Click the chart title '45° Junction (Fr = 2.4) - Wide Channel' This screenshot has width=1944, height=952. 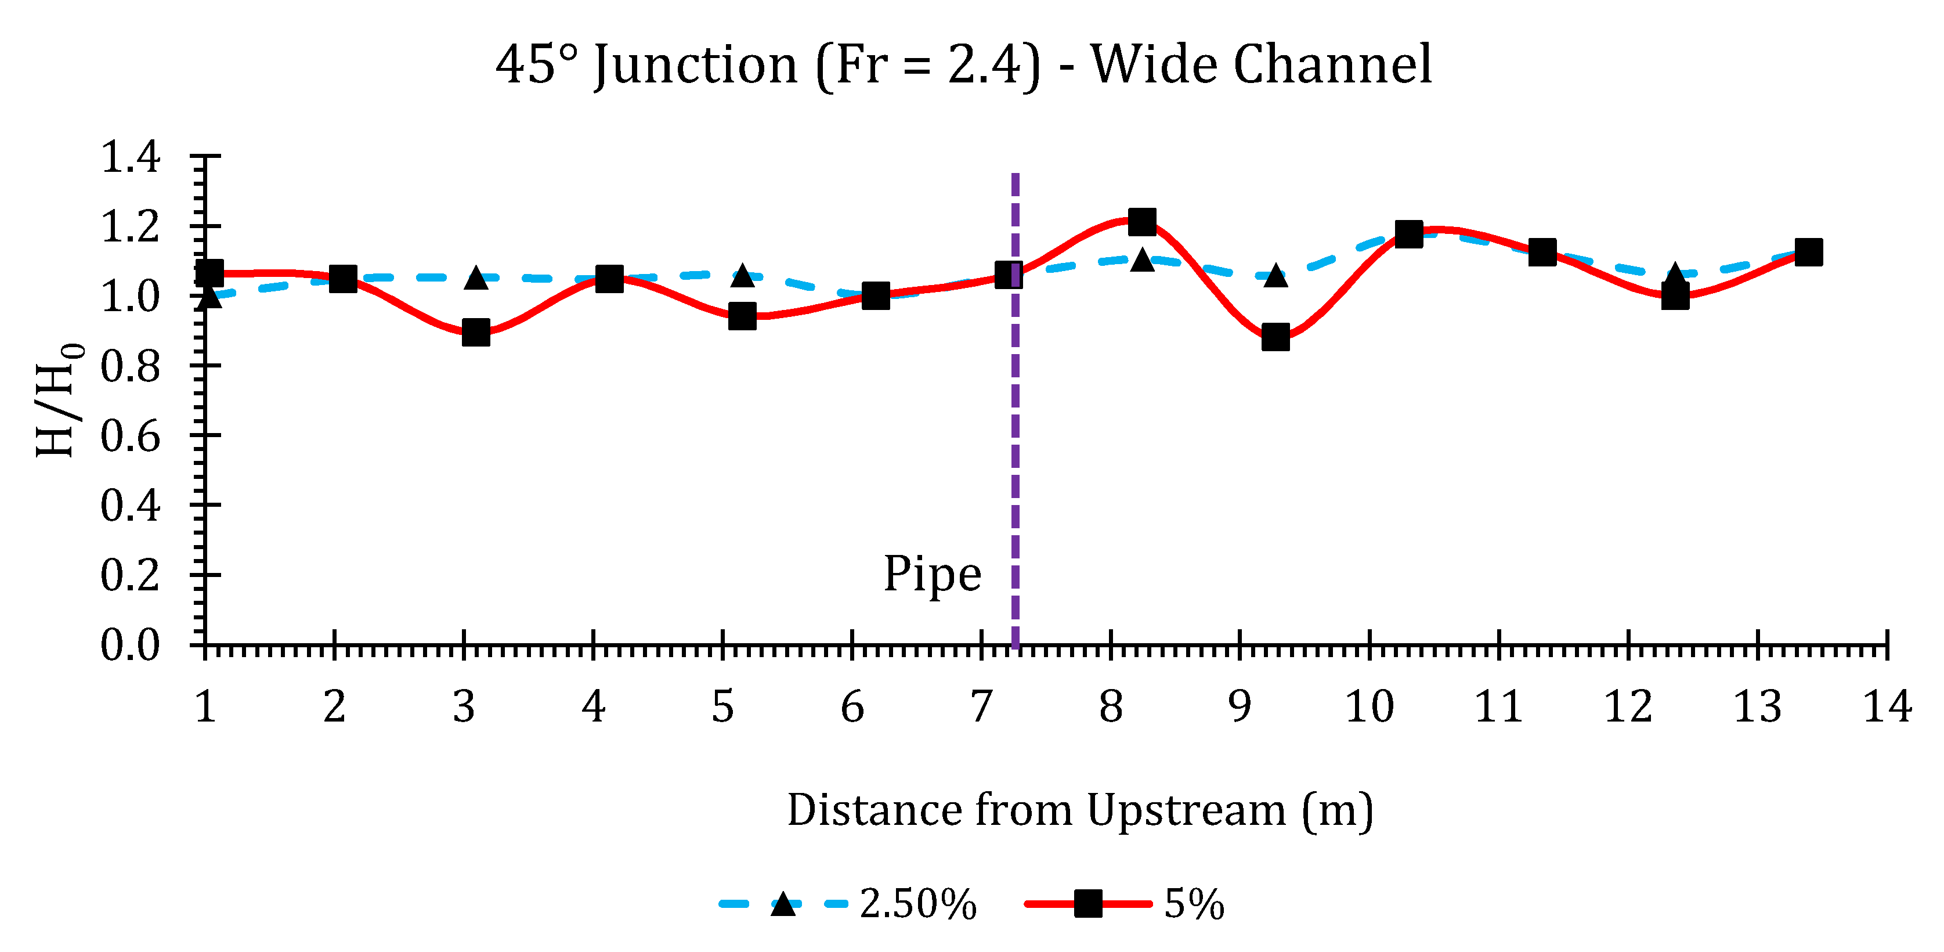[963, 65]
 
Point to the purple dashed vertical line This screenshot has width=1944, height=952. [1015, 453]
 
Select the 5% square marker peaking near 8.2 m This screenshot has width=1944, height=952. [1142, 222]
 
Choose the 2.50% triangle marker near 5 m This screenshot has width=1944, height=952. [743, 276]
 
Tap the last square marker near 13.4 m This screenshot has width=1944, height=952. [1809, 252]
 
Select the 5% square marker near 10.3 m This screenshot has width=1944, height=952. [1409, 234]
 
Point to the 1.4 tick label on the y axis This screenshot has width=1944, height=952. [130, 157]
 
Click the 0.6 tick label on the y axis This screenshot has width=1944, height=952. [130, 437]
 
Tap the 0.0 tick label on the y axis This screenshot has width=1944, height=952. [130, 646]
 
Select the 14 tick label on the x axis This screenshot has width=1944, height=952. [1887, 708]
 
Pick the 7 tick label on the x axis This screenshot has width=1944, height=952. [981, 708]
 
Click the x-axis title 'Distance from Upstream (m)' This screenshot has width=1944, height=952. [1080, 810]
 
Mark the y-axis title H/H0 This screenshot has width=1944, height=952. [59, 400]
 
